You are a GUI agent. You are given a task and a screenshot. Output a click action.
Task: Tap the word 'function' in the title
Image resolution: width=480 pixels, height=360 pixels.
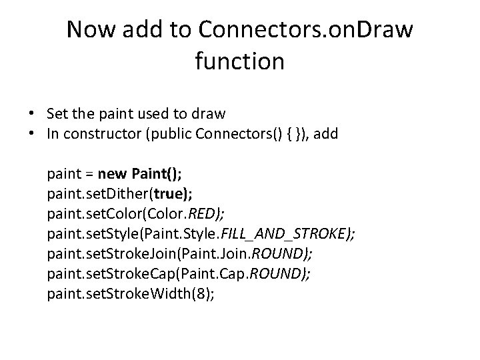240,61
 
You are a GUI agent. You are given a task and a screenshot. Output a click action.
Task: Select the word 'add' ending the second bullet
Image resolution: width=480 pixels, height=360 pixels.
325,133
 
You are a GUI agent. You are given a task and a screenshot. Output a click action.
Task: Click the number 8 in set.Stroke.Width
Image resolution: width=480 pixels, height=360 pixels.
201,293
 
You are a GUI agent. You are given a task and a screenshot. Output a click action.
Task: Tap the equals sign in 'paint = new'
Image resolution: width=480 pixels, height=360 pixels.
87,175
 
